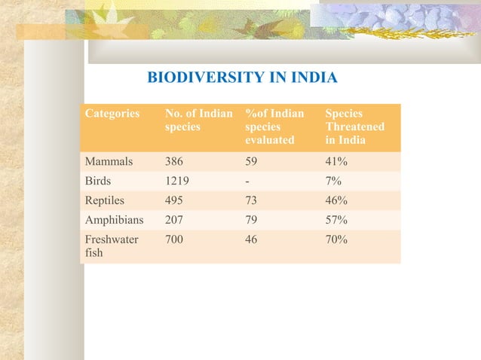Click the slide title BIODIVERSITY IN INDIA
[x=241, y=78]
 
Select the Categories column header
[x=112, y=114]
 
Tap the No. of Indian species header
[x=198, y=121]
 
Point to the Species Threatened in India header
[x=354, y=127]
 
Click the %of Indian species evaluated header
[x=274, y=127]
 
